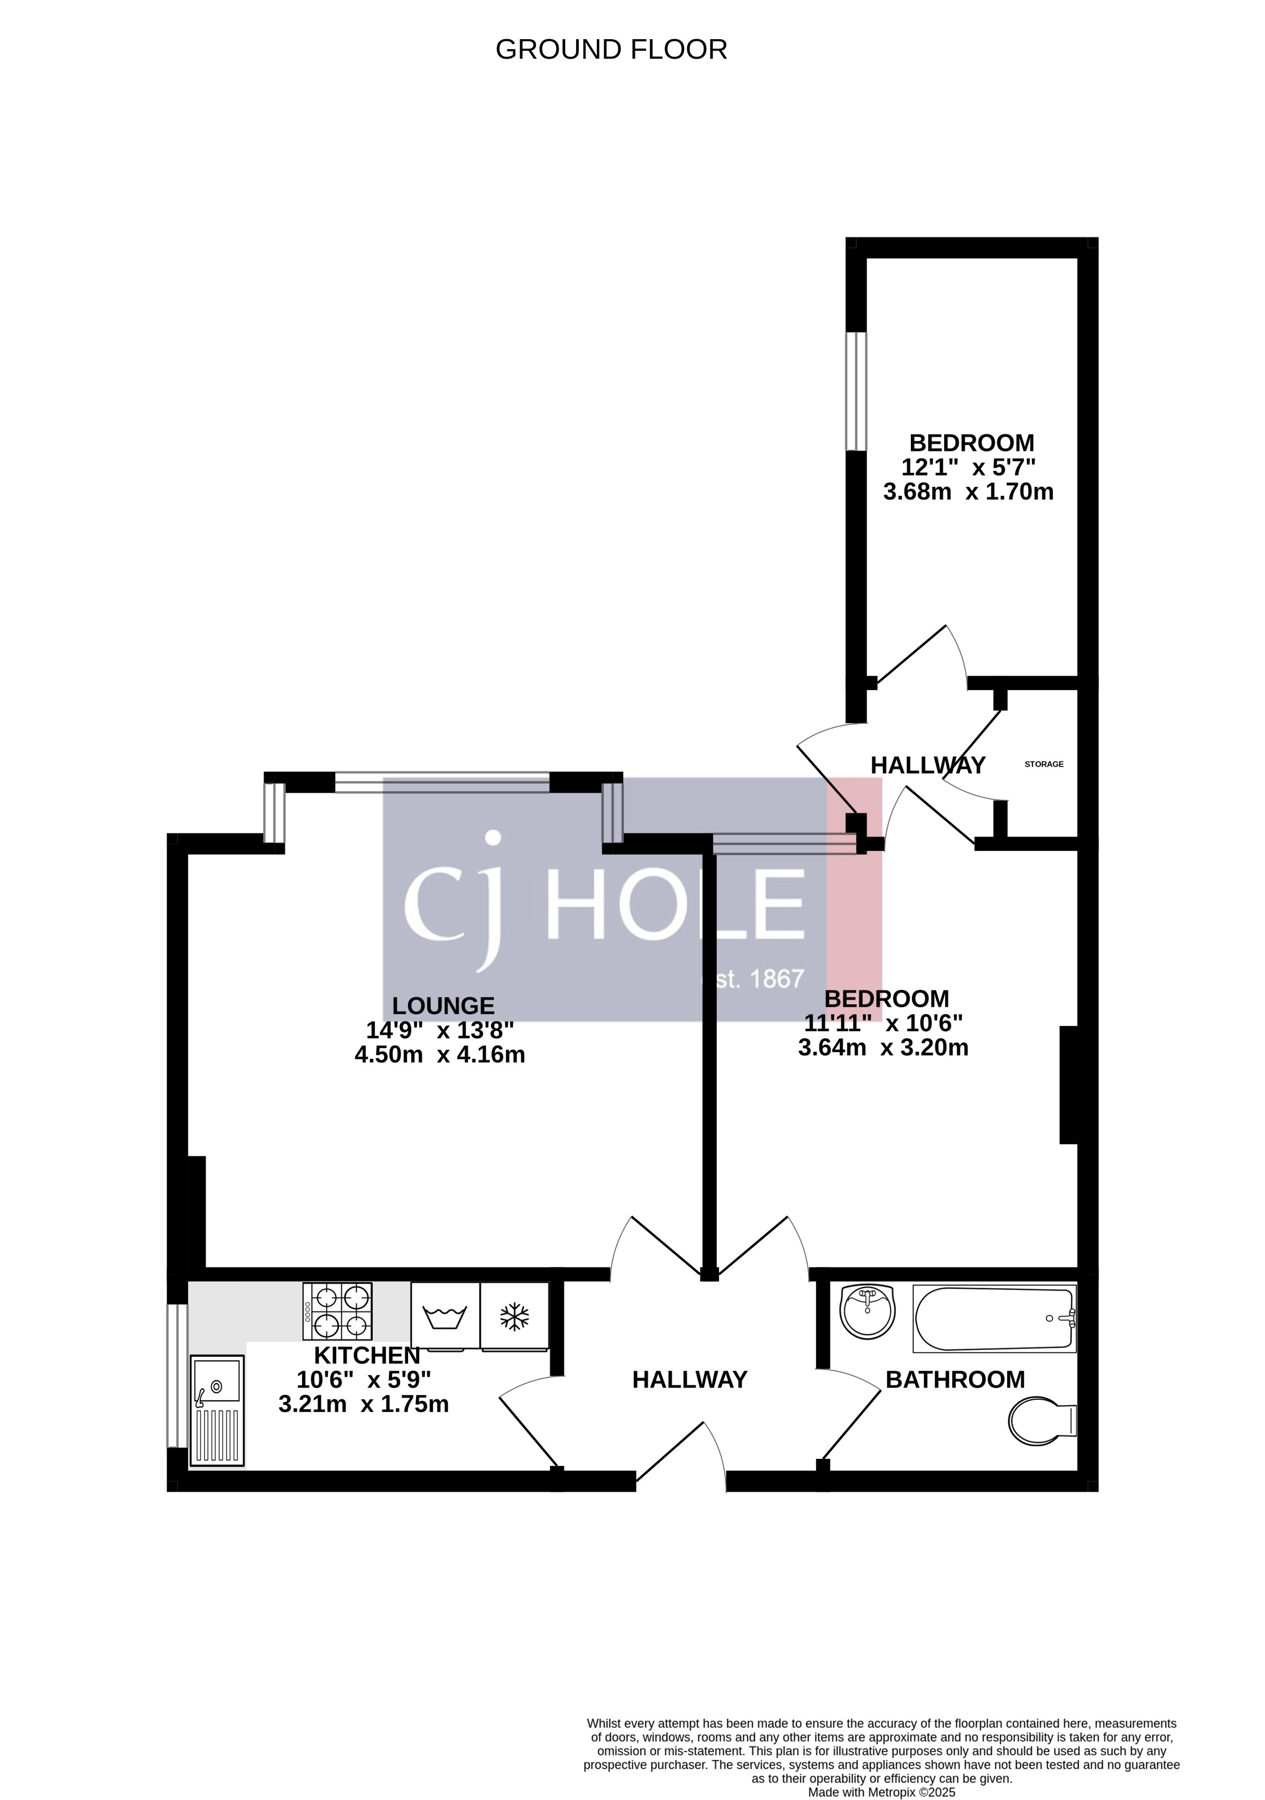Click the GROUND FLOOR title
(611, 49)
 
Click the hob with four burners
(338, 1311)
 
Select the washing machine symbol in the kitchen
(445, 1317)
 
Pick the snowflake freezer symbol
(514, 1317)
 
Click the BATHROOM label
(955, 1380)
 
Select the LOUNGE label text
(443, 1006)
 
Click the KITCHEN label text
(367, 1355)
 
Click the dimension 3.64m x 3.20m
(883, 1048)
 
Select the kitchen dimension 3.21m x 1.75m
(364, 1404)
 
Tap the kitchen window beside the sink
(178, 1376)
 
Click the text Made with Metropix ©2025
(881, 1792)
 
